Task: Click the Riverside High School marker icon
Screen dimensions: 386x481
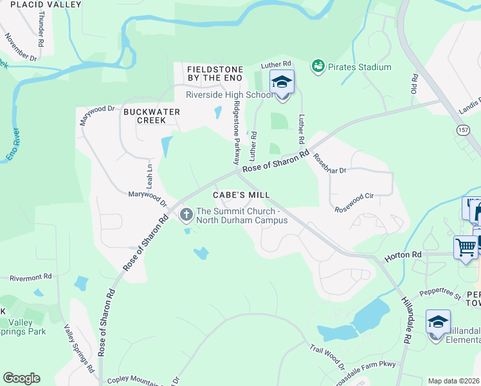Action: tap(282, 82)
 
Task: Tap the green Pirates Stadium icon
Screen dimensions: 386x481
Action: tap(318, 66)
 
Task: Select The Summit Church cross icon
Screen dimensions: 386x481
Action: tap(186, 215)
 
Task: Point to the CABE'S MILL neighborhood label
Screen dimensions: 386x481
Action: tap(241, 194)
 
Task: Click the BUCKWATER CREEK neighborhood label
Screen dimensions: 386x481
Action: tap(152, 116)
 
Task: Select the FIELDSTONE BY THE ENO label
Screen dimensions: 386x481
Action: tap(214, 73)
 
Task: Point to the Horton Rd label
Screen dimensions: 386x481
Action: tap(403, 255)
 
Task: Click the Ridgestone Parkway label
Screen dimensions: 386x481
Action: tap(237, 133)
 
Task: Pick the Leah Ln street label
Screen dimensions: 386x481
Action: tap(150, 174)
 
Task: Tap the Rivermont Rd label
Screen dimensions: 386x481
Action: tap(30, 277)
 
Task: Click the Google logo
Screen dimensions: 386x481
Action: tap(21, 378)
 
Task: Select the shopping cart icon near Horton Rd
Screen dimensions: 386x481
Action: tap(466, 248)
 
